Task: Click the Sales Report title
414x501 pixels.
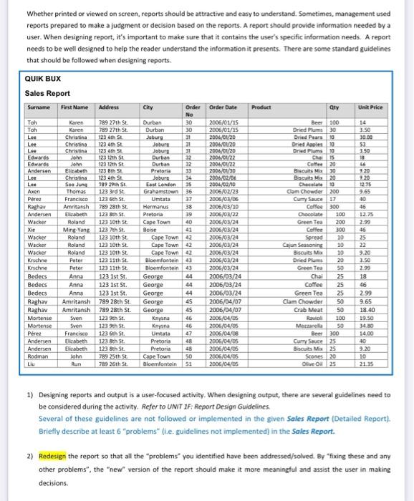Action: tap(48, 93)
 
